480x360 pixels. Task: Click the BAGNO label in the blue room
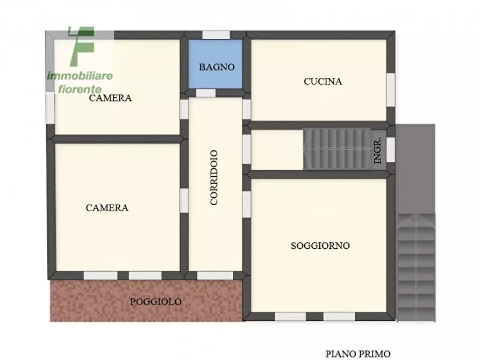point(217,67)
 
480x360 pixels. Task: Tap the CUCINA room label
point(323,82)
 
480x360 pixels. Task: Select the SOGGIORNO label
point(320,246)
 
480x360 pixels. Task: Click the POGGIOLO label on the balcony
point(155,302)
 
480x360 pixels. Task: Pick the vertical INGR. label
point(378,151)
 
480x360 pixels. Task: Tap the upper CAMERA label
point(110,98)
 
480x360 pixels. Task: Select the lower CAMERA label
point(107,208)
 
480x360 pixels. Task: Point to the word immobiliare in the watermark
point(80,75)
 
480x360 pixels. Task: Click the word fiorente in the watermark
point(80,88)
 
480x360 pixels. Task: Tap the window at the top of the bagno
point(216,34)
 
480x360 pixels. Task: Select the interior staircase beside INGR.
point(336,147)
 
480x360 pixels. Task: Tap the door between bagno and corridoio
point(206,93)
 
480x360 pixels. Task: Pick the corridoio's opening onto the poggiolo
point(215,276)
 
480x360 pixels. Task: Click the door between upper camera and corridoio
point(184,109)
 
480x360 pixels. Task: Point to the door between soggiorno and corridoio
point(246,204)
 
